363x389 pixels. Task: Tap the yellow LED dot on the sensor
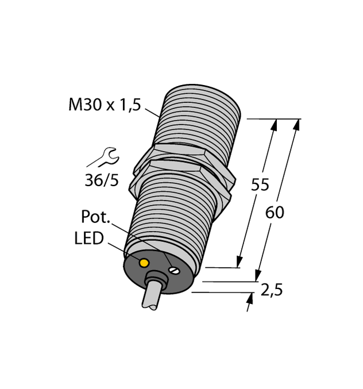tap(144, 263)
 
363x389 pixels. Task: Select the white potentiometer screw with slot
tap(173, 267)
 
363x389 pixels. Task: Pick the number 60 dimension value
tap(275, 213)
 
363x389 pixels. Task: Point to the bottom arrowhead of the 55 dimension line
tap(238, 262)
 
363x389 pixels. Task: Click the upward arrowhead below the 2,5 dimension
tap(250, 296)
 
